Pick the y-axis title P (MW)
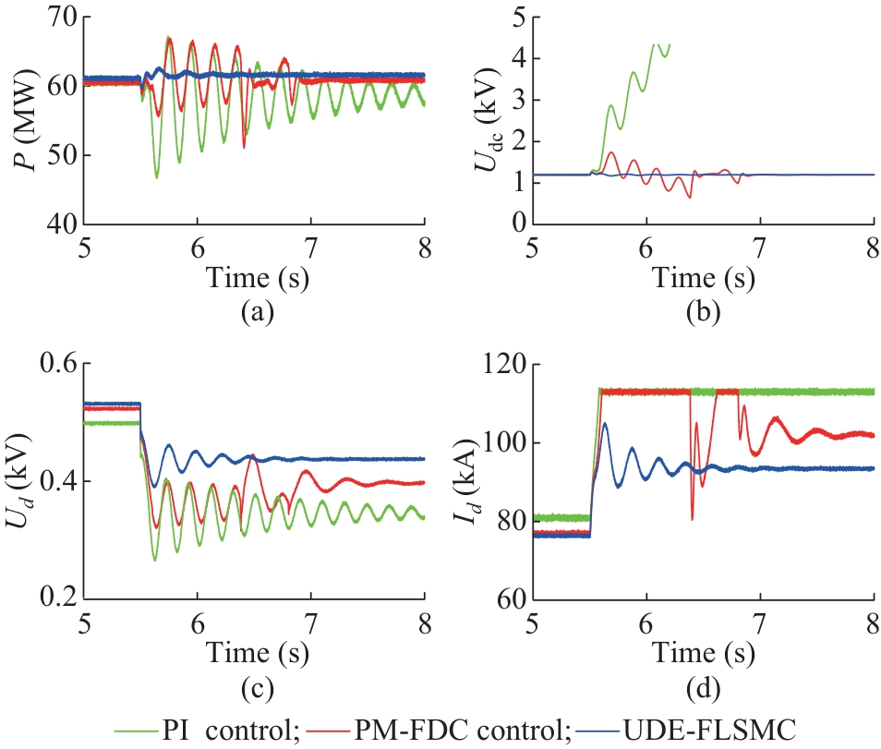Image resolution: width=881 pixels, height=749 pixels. click(20, 120)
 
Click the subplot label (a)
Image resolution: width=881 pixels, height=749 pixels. click(255, 312)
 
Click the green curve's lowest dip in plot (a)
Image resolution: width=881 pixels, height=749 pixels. click(156, 177)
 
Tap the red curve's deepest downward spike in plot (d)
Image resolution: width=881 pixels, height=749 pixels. click(692, 520)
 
